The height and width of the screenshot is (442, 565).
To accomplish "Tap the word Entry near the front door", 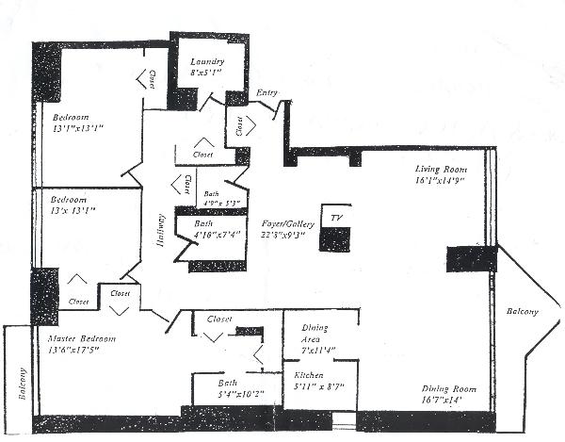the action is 266,93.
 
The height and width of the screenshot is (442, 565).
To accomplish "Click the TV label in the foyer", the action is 334,217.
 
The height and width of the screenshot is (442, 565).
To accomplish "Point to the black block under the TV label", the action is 334,238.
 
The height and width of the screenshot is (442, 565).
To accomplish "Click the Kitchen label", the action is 309,374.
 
